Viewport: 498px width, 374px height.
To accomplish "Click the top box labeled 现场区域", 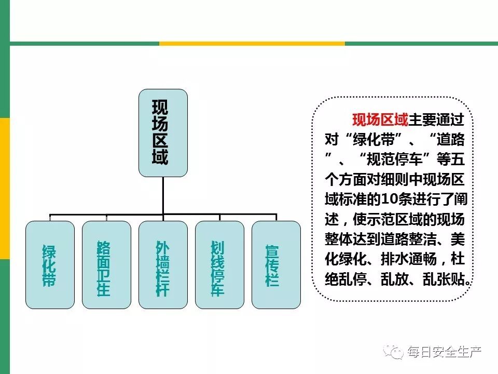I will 163,132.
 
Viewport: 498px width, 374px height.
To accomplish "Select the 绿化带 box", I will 50,264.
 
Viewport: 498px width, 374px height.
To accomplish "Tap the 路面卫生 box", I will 106,264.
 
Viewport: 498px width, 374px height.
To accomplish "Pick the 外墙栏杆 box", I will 163,264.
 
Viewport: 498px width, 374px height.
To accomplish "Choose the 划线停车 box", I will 219,264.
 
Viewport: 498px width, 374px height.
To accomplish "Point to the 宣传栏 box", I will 276,264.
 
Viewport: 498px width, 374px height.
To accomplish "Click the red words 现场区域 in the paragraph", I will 380,120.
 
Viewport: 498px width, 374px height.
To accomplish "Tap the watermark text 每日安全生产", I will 444,352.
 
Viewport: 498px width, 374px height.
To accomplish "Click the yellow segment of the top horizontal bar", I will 252,44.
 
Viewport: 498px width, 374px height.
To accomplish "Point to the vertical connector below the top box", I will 163,195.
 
